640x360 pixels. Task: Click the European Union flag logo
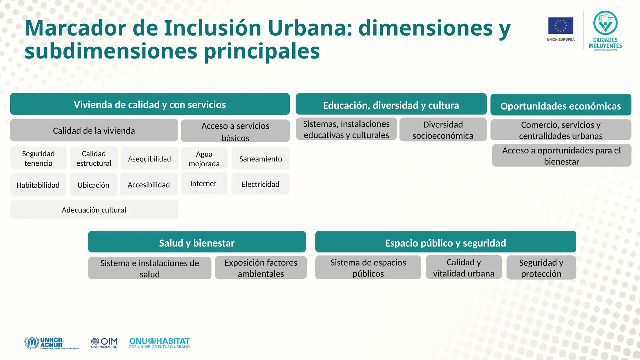click(x=561, y=26)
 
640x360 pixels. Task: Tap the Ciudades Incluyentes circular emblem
click(x=605, y=23)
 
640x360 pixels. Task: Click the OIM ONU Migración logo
click(x=104, y=343)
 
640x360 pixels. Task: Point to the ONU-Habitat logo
click(x=159, y=343)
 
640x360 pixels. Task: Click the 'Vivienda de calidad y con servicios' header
click(x=150, y=104)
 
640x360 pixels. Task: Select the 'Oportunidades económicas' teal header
click(x=561, y=106)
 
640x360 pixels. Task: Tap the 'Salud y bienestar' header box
click(x=197, y=242)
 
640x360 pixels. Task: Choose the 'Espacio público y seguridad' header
click(x=445, y=242)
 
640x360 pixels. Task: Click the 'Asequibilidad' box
click(x=149, y=159)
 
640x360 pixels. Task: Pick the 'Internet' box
click(x=203, y=183)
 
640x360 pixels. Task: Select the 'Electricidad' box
click(x=260, y=184)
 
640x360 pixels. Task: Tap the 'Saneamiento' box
click(x=261, y=159)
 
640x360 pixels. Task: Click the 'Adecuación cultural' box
click(x=94, y=210)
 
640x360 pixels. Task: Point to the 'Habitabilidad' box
click(x=38, y=185)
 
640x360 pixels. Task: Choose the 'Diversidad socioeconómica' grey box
click(x=443, y=130)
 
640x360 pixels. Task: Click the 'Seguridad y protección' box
click(x=541, y=268)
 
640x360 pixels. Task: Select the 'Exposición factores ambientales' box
click(x=261, y=268)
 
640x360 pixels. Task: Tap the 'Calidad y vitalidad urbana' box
click(x=463, y=267)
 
